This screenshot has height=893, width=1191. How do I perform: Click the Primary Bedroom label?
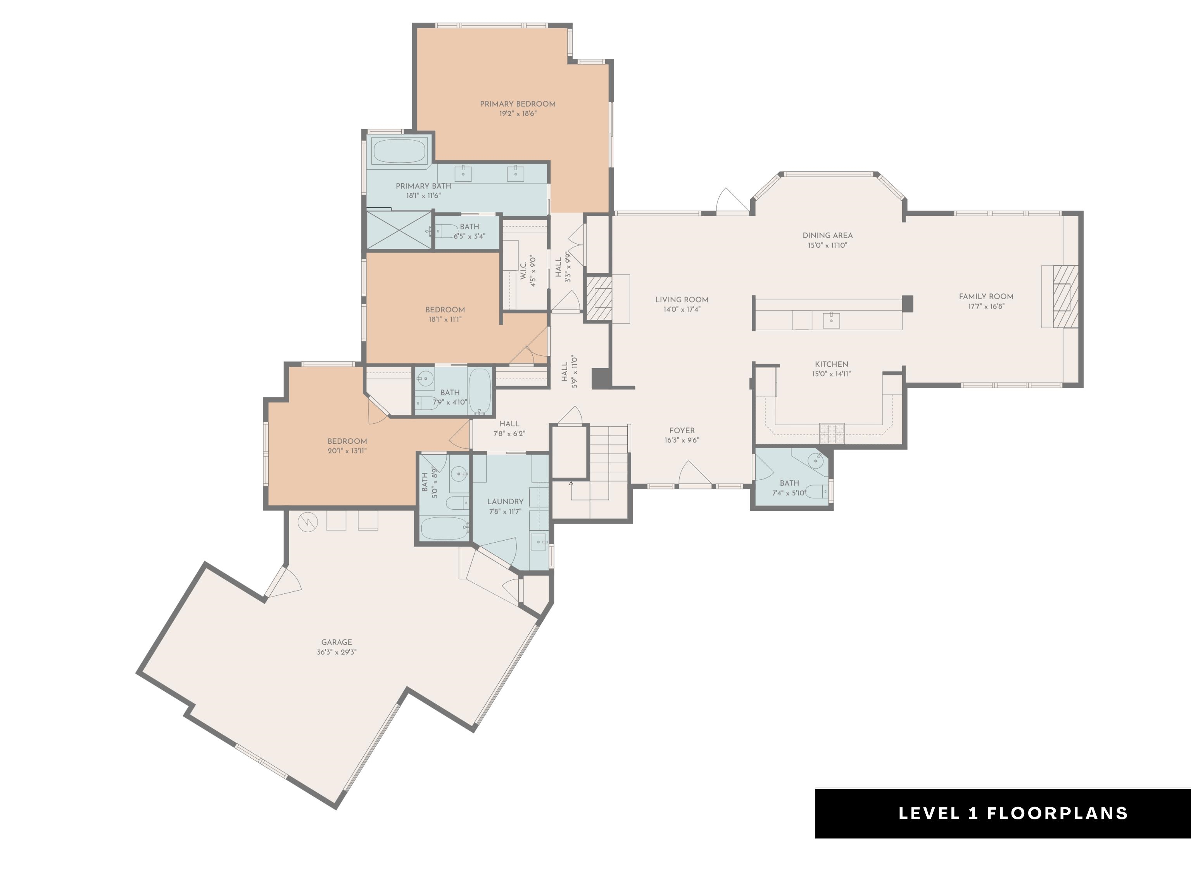pyautogui.click(x=518, y=104)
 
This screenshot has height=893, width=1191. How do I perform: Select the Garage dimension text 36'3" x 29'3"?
pyautogui.click(x=337, y=652)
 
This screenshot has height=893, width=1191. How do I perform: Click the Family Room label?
pyautogui.click(x=986, y=297)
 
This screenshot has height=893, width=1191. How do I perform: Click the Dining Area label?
pyautogui.click(x=827, y=235)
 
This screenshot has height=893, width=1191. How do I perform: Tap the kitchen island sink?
pyautogui.click(x=831, y=319)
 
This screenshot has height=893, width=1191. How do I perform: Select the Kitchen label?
pyautogui.click(x=831, y=364)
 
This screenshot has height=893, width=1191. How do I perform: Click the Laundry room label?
pyautogui.click(x=505, y=502)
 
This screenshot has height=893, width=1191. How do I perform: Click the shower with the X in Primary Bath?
pyautogui.click(x=399, y=230)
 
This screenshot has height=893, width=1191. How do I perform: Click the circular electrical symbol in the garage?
pyautogui.click(x=308, y=521)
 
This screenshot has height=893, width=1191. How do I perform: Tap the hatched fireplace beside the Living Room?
pyautogui.click(x=599, y=299)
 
